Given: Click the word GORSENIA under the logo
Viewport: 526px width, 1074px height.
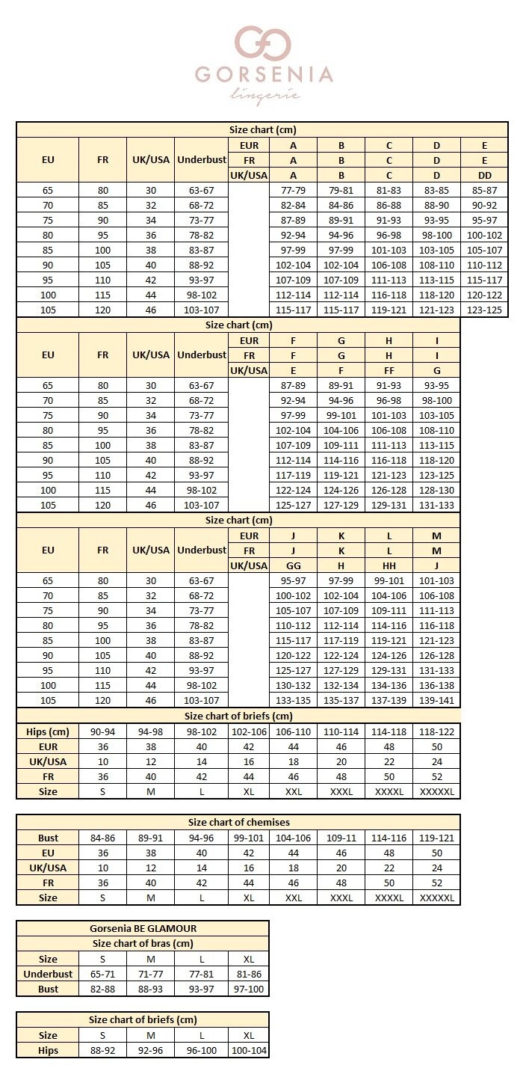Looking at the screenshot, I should point(263,75).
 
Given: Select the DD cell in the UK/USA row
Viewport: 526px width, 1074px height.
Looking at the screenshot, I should point(484,175).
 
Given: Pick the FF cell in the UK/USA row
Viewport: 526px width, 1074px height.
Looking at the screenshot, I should point(389,370).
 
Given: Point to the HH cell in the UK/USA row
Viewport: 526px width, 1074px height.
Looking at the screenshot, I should point(389,565).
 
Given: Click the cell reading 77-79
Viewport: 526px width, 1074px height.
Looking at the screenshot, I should point(293,190).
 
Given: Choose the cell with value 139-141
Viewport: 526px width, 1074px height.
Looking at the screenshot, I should point(436,700).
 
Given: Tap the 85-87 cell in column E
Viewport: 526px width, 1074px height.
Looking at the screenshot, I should point(484,190).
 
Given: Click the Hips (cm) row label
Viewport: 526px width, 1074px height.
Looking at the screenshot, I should point(48,731).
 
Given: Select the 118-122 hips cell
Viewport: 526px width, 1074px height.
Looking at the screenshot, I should point(436,731).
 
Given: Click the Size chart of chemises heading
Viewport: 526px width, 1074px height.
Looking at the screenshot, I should point(238,822).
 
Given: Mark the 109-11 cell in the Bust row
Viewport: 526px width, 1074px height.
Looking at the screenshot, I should point(341,838).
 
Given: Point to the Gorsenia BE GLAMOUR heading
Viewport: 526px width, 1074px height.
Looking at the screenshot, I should point(143,928).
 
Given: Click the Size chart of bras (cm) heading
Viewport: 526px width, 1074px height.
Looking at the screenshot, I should point(143,943).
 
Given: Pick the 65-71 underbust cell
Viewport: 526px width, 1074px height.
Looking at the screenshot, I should point(102,974).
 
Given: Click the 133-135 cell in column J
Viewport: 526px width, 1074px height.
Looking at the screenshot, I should point(293,700).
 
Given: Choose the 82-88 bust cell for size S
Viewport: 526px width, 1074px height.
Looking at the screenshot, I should point(102,989).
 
